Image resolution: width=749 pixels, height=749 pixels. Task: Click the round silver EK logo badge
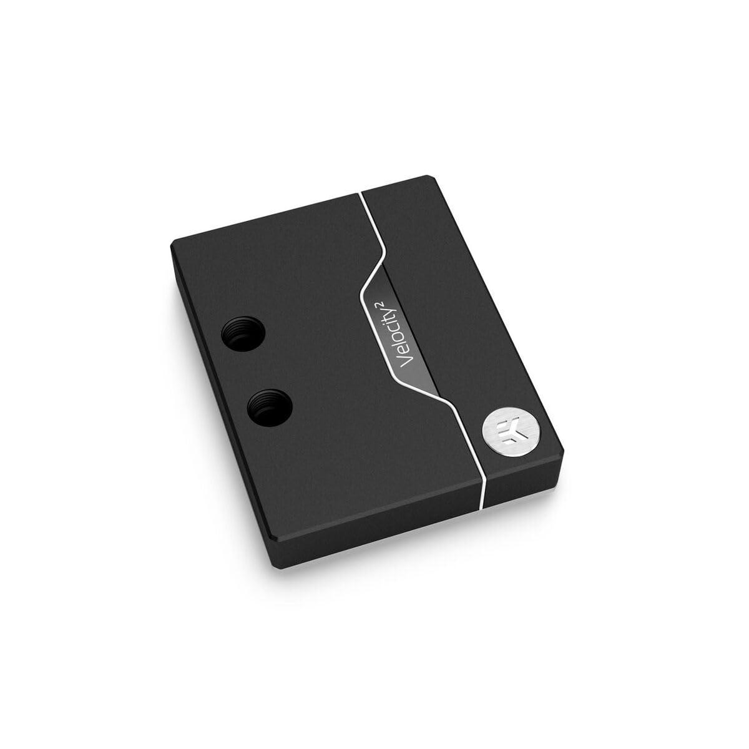coord(502,434)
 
